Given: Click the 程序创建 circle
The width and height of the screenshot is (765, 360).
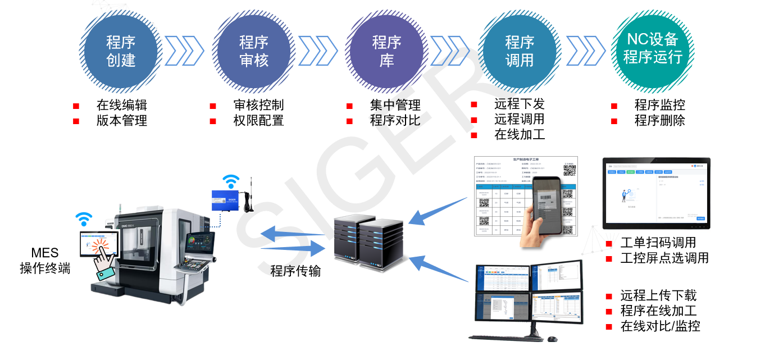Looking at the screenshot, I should tap(121, 51).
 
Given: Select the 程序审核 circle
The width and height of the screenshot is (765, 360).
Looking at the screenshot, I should tap(254, 51).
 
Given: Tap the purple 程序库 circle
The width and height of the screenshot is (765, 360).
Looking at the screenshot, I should tap(386, 51).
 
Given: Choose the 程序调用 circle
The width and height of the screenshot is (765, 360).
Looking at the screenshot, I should tap(520, 51).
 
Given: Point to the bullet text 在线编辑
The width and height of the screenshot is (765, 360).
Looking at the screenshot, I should tap(121, 105).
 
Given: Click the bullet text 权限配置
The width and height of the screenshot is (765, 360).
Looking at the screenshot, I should tap(258, 120).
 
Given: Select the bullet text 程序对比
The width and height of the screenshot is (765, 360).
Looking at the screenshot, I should tap(395, 120).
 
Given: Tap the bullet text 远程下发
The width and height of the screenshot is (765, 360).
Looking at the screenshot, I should tap(519, 104).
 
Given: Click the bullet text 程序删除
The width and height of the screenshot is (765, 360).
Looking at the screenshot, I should tap(659, 120).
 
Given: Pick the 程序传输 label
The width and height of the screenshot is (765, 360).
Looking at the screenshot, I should tap(295, 271).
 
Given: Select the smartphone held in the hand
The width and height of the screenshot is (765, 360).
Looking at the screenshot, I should tap(546, 206).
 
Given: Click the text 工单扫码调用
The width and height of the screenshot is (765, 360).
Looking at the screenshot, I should tap(658, 243).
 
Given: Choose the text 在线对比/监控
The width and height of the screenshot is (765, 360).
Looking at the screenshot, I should tap(660, 326).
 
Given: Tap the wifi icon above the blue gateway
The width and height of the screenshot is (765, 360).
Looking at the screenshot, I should tap(230, 181).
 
